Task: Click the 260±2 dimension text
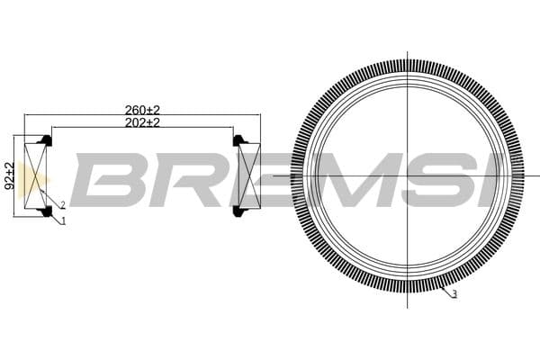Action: pyautogui.click(x=142, y=110)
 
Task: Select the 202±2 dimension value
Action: pyautogui.click(x=142, y=122)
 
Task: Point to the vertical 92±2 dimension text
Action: pyautogui.click(x=9, y=175)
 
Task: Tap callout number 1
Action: pyautogui.click(x=63, y=221)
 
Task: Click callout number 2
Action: pyautogui.click(x=62, y=206)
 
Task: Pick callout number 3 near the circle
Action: pyautogui.click(x=454, y=295)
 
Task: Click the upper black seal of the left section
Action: pyautogui.click(x=45, y=140)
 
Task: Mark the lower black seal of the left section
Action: pyautogui.click(x=45, y=212)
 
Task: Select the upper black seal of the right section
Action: pyautogui.click(x=239, y=140)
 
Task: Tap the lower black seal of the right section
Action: pyautogui.click(x=239, y=212)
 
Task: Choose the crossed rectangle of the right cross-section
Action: pyautogui.click(x=248, y=176)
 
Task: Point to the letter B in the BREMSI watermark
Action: pyautogui.click(x=108, y=179)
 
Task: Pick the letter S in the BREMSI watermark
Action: pyautogui.click(x=440, y=179)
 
